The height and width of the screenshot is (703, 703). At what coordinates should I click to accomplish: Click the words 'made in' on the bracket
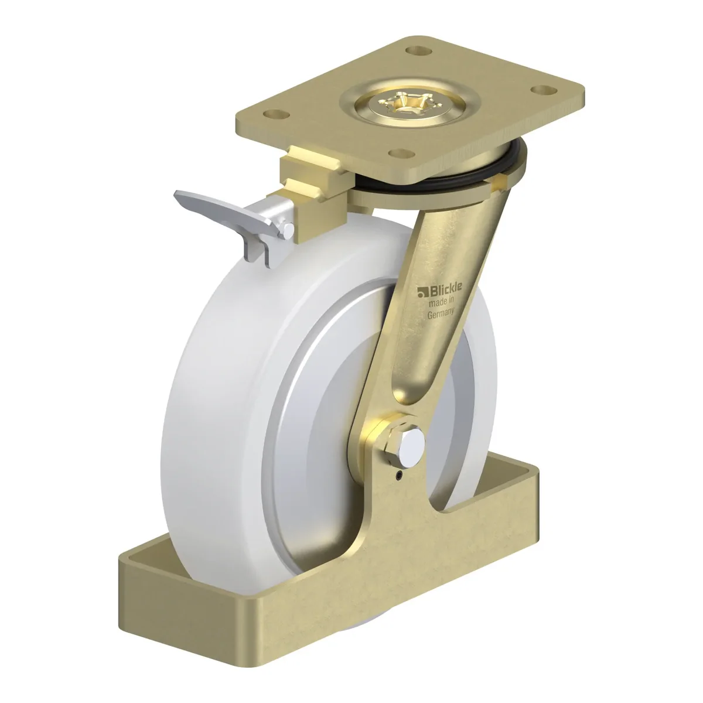tap(441, 301)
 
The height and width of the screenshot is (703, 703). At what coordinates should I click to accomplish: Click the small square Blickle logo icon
tap(423, 292)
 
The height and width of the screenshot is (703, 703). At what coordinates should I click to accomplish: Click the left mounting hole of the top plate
tap(276, 114)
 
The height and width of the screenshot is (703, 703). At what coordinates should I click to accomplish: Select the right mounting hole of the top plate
tap(543, 89)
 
